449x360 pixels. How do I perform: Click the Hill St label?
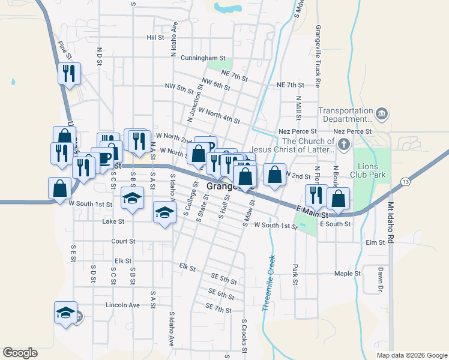click(x=155, y=37)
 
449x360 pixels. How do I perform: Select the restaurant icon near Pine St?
click(x=69, y=74)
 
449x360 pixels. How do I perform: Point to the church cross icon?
click(x=343, y=145)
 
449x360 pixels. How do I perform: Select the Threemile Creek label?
click(x=268, y=283)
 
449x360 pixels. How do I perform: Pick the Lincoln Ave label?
click(x=122, y=305)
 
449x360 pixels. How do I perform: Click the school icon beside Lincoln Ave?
click(x=66, y=313)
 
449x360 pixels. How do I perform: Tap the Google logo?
click(x=20, y=353)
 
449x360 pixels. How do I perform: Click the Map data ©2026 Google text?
click(x=411, y=355)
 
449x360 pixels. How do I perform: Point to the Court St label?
click(x=123, y=241)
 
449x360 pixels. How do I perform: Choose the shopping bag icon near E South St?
click(x=339, y=200)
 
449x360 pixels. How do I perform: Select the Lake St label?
click(x=113, y=221)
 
